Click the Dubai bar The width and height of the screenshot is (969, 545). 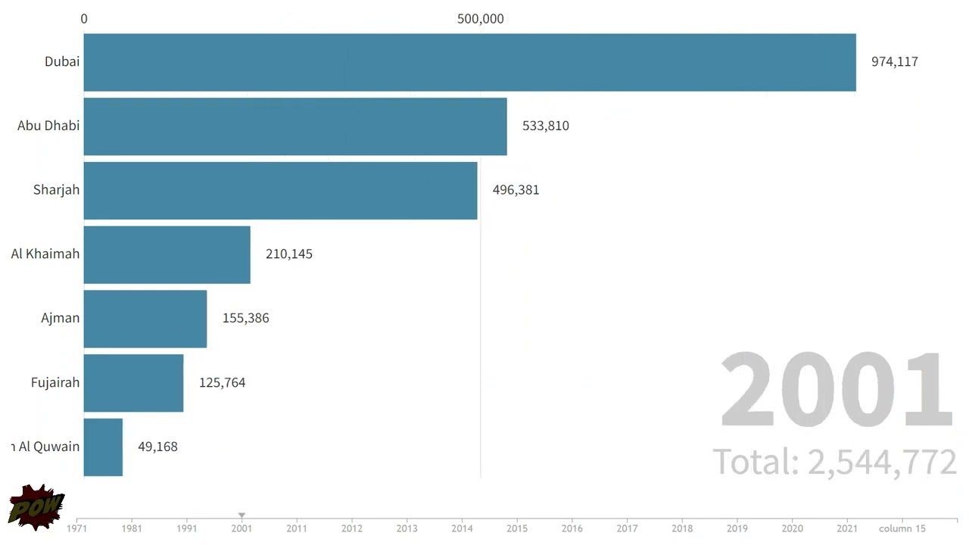pyautogui.click(x=469, y=62)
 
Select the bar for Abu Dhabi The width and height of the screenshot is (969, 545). pyautogui.click(x=295, y=126)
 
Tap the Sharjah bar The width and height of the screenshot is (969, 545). pyautogui.click(x=280, y=190)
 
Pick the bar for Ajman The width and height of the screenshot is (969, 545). pyautogui.click(x=145, y=319)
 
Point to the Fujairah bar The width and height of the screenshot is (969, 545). pyautogui.click(x=133, y=383)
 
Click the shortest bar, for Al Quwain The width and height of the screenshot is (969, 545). pyautogui.click(x=103, y=447)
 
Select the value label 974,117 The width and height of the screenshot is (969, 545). pyautogui.click(x=894, y=62)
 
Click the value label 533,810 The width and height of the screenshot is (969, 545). pyautogui.click(x=545, y=126)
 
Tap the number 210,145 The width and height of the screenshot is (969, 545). pyautogui.click(x=288, y=254)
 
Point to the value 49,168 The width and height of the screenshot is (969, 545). pyautogui.click(x=157, y=447)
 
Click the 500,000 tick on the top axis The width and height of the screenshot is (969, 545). pyautogui.click(x=480, y=19)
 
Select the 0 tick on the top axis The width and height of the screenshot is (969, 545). pyautogui.click(x=84, y=19)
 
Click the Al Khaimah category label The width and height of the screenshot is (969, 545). pyautogui.click(x=45, y=254)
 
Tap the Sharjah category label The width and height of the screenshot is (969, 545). pyautogui.click(x=56, y=190)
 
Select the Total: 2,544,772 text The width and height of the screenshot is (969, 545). pyautogui.click(x=834, y=462)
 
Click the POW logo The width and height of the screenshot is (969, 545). pyautogui.click(x=36, y=507)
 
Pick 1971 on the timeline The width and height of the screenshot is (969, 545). pyautogui.click(x=76, y=529)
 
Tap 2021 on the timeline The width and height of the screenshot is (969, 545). pyautogui.click(x=847, y=529)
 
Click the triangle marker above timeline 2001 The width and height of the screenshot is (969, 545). pyautogui.click(x=241, y=516)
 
